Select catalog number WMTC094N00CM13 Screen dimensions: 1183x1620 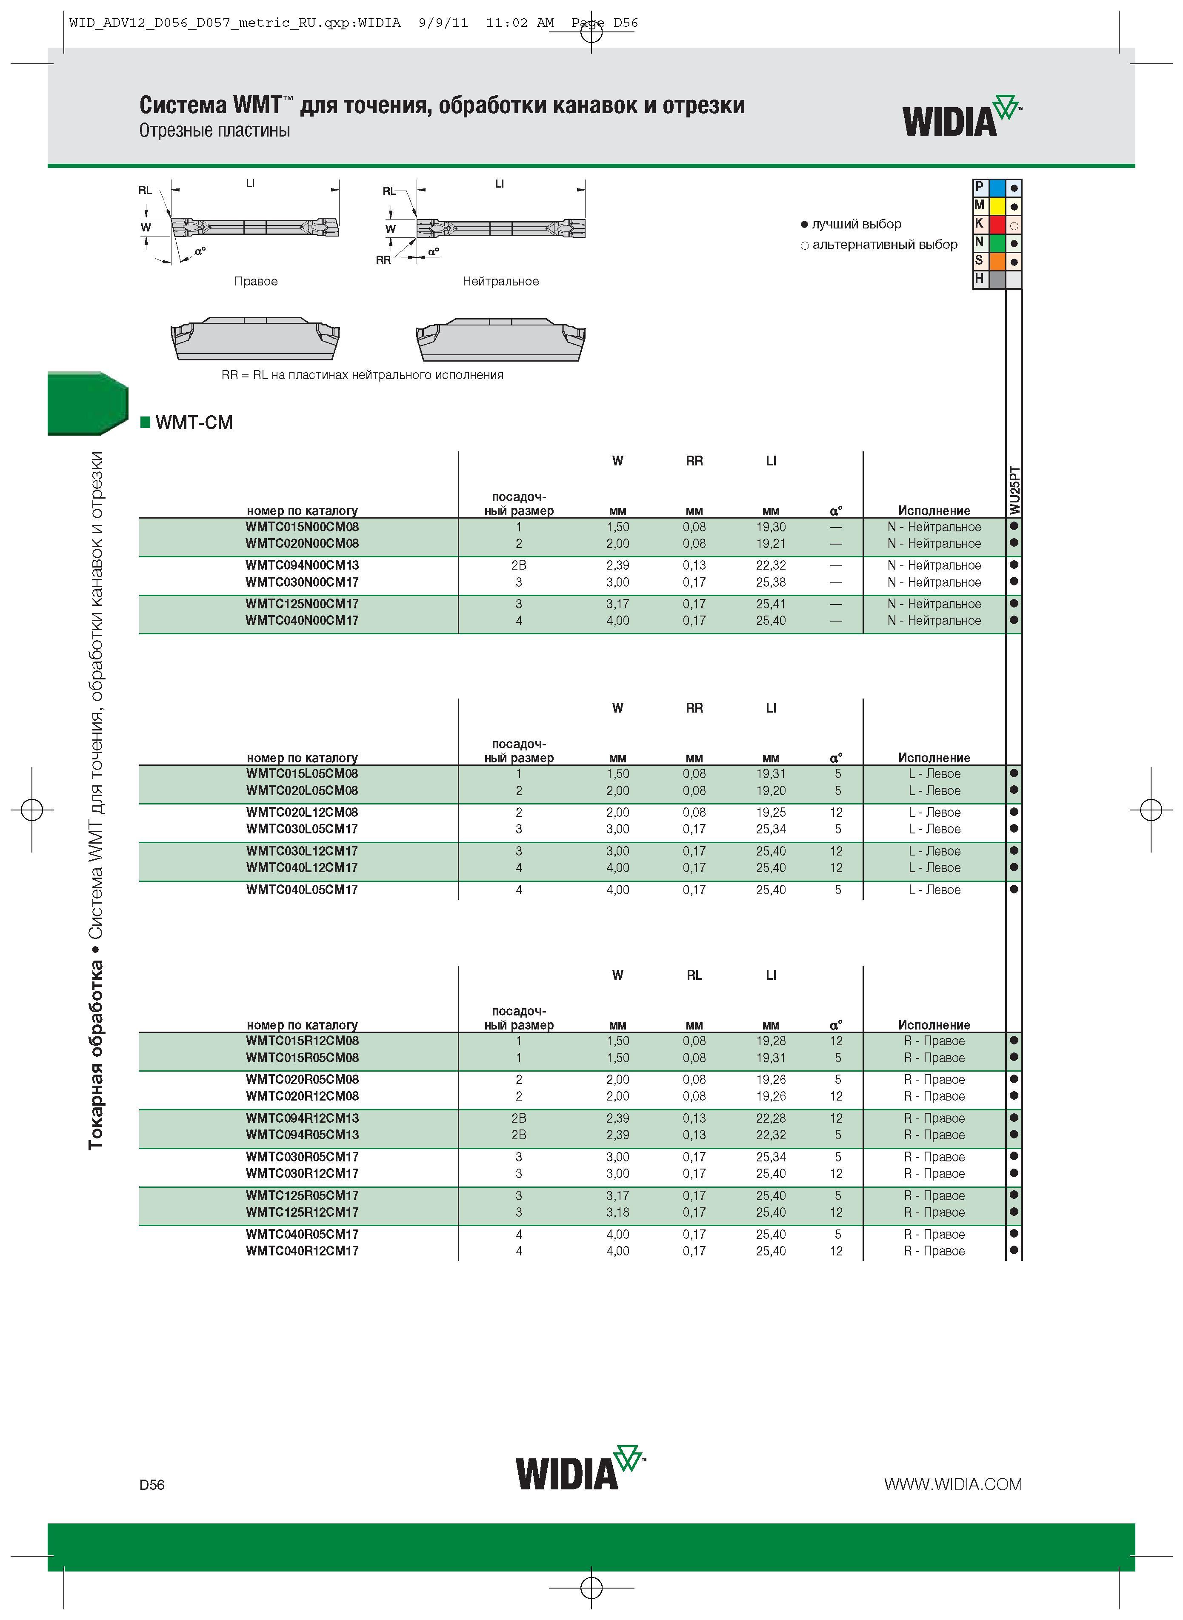[302, 565]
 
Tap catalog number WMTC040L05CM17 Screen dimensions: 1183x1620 [302, 890]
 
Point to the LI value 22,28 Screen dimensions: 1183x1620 [771, 1118]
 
